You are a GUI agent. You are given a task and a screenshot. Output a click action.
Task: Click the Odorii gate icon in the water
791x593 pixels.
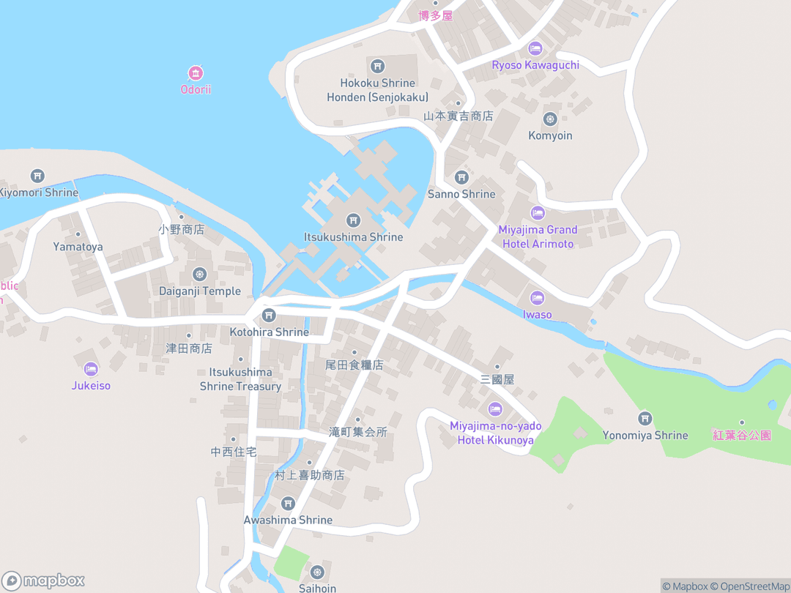click(x=196, y=73)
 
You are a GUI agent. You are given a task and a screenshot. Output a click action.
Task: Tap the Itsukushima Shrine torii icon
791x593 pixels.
click(x=353, y=220)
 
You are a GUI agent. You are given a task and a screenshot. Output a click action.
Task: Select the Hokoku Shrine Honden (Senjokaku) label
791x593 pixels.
click(x=377, y=90)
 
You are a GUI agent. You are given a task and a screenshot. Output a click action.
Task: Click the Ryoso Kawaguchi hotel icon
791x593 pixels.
click(x=535, y=48)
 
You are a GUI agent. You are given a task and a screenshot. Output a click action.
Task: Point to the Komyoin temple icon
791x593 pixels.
click(x=550, y=119)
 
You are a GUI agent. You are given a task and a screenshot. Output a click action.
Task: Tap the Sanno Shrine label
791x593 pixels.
click(x=461, y=194)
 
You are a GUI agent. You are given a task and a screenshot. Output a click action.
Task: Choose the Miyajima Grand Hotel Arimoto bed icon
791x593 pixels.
click(x=538, y=213)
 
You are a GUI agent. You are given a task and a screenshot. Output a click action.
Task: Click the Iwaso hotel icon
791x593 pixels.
click(x=538, y=298)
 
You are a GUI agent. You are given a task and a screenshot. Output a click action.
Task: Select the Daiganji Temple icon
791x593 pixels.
click(x=200, y=274)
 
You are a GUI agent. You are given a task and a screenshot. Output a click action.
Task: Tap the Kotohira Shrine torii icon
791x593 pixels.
click(x=269, y=316)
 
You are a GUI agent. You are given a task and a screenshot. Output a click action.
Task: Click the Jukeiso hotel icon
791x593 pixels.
click(x=91, y=369)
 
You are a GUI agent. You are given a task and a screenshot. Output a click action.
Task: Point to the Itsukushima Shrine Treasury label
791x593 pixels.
click(x=240, y=379)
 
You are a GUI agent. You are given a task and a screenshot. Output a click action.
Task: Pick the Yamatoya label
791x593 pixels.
click(x=78, y=247)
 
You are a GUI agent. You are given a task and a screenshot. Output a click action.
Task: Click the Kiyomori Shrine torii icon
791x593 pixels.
click(x=37, y=176)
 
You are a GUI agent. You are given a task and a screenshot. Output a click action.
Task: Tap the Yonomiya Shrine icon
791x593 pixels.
click(x=645, y=418)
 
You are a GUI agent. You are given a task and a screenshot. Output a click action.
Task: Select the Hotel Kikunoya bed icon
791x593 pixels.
click(x=495, y=409)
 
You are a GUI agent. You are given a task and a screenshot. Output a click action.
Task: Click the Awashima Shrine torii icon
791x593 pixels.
click(x=288, y=503)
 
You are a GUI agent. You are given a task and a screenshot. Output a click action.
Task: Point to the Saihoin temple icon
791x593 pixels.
click(x=317, y=572)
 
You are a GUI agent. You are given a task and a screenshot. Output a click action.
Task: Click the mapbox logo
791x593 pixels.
click(x=44, y=581)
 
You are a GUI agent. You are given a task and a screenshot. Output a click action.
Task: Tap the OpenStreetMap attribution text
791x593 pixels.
click(x=754, y=586)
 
